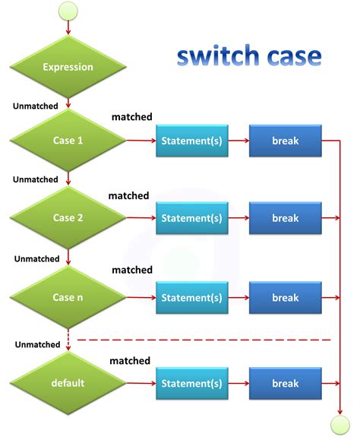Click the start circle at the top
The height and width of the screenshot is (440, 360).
68,11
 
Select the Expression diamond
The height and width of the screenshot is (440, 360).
68,67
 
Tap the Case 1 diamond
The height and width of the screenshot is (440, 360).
68,141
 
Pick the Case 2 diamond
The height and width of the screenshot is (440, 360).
68,218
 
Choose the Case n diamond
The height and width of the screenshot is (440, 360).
68,297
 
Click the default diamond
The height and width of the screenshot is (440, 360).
68,383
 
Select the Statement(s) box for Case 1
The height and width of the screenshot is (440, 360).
191,141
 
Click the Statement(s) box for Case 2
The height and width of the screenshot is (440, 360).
191,218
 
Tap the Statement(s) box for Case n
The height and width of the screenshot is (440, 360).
191,298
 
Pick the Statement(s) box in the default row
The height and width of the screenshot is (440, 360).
191,384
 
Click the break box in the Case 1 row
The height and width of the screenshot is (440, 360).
286,141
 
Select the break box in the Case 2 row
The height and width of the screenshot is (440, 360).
286,218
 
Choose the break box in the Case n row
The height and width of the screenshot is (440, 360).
286,298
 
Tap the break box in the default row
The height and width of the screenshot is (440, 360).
286,384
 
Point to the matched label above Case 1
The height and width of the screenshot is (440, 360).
132,116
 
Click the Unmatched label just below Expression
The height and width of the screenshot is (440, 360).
36,106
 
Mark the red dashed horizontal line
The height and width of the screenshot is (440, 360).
205,340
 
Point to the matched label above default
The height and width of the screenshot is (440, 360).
130,360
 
